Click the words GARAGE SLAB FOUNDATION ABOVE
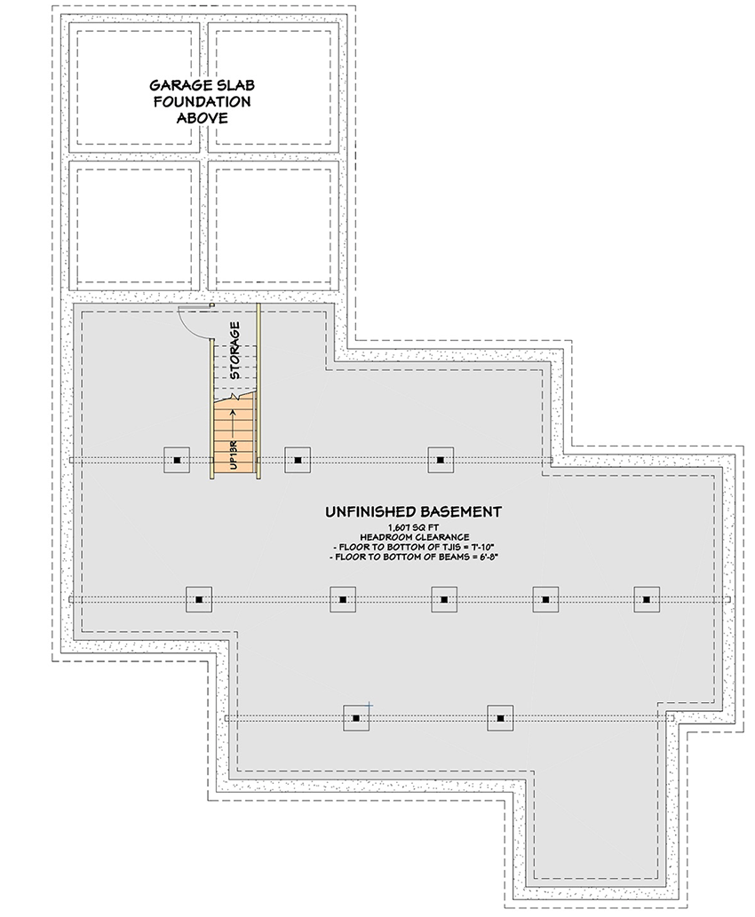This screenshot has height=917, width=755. pyautogui.click(x=201, y=101)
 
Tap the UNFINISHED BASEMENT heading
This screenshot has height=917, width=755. pyautogui.click(x=413, y=511)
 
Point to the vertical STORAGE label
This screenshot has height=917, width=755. pyautogui.click(x=234, y=351)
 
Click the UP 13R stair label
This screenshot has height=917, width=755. pyautogui.click(x=231, y=453)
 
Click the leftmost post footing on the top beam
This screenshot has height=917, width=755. pyautogui.click(x=178, y=460)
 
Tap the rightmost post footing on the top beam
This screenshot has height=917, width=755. pyautogui.click(x=441, y=460)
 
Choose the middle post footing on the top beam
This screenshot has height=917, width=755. pyautogui.click(x=298, y=460)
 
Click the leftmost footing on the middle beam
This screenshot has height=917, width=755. pyautogui.click(x=199, y=600)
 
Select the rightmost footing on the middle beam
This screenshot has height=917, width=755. pyautogui.click(x=647, y=600)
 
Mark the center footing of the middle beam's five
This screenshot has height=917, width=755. pyautogui.click(x=444, y=600)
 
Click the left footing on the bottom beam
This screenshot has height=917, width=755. pyautogui.click(x=356, y=717)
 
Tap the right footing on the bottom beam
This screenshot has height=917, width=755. pyautogui.click(x=500, y=717)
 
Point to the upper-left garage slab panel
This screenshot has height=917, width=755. pyautogui.click(x=133, y=87)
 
